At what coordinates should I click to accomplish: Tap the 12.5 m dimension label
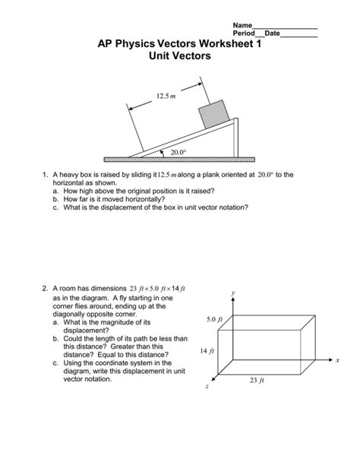165,97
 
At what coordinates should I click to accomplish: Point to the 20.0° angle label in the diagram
179,152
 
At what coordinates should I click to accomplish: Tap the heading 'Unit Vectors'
180,56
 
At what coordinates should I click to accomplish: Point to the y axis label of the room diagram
235,292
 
